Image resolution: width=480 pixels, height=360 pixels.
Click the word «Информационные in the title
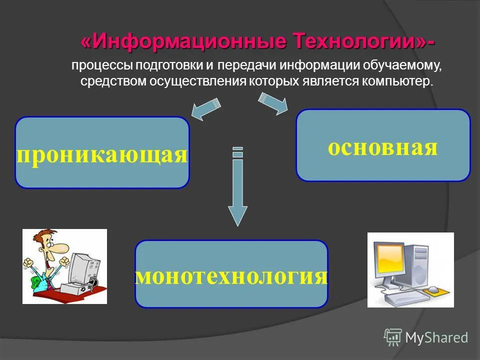coord(183,41)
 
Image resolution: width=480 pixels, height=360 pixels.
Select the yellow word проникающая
coord(102,155)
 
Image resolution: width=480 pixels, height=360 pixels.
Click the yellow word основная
coord(383,148)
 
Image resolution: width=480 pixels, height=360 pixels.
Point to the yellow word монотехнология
coord(231,276)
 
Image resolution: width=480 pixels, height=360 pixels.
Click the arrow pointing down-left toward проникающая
coord(205,109)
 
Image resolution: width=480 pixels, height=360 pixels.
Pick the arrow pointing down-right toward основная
coord(273,103)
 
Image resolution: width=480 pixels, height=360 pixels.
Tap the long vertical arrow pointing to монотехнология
coord(237,186)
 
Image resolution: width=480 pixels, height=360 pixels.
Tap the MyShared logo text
coord(436,338)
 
